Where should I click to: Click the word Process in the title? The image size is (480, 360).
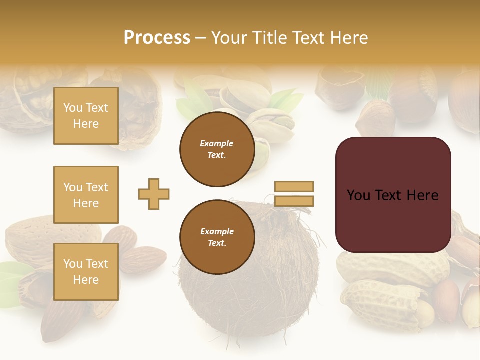pos(157,38)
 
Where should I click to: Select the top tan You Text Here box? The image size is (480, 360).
pos(86,116)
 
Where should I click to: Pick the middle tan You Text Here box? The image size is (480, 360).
pos(86,195)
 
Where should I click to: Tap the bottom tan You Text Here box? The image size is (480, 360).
pos(86,272)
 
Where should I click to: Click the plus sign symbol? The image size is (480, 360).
pos(154,194)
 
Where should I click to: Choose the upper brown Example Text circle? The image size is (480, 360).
pos(217,149)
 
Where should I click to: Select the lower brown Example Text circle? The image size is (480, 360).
pos(217,237)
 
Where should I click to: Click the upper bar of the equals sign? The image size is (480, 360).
pos(294,186)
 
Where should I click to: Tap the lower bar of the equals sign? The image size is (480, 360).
pos(294,201)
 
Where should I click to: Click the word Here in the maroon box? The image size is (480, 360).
pos(422,195)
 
